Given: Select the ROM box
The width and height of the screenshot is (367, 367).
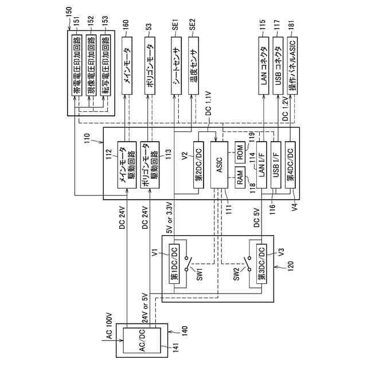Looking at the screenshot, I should coord(241,153).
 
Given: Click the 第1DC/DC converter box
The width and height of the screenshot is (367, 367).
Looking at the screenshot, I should coord(174,264).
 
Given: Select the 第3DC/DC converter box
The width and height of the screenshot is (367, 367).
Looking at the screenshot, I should coord(261,264).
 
